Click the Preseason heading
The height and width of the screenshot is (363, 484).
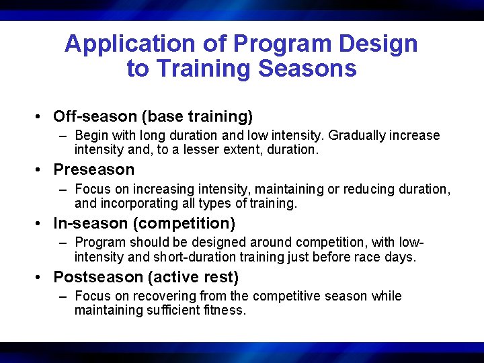pyautogui.click(x=94, y=169)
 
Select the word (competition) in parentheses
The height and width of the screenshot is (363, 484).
pyautogui.click(x=185, y=223)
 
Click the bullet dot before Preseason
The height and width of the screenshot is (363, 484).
pyautogui.click(x=42, y=170)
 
